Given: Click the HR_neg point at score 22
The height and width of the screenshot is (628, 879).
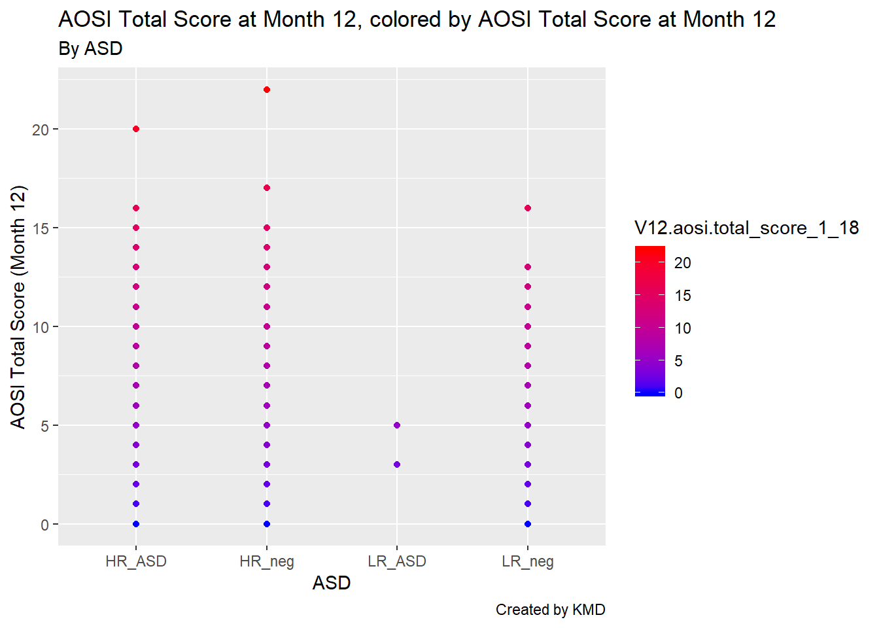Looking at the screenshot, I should (267, 90).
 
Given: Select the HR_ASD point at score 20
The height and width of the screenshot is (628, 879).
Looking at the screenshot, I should (136, 129).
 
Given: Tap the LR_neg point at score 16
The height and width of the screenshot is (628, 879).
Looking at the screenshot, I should (528, 208).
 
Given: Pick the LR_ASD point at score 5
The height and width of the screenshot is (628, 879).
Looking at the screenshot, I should (397, 425).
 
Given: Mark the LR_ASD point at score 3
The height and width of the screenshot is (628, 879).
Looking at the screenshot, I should (397, 464).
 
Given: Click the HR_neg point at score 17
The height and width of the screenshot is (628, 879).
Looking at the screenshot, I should (267, 188).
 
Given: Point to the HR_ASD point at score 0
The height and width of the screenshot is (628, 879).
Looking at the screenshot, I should (136, 524).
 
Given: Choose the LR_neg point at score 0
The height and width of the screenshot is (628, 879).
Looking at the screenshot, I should (528, 524).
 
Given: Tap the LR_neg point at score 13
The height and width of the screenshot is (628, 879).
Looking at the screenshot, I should (528, 267).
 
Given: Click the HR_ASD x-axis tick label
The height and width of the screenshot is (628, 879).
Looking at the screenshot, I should (136, 561).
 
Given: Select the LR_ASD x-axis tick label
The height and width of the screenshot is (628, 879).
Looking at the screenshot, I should (397, 561).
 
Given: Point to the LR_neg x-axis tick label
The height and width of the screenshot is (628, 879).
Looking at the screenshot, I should (528, 561).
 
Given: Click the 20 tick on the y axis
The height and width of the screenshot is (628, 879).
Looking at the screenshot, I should (41, 130).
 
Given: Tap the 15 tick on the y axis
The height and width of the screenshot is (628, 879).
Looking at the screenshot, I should (41, 228).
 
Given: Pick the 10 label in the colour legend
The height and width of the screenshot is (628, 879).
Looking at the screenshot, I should (683, 328).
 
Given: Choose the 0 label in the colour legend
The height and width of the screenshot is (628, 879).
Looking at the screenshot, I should (678, 393).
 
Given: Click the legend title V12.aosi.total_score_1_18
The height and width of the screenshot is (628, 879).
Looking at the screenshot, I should (746, 228).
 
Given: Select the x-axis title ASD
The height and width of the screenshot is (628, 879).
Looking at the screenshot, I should (332, 583).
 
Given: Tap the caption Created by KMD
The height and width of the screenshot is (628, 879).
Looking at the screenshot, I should (550, 610).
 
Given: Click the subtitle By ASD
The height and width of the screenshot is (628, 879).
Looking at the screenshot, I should (90, 49).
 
